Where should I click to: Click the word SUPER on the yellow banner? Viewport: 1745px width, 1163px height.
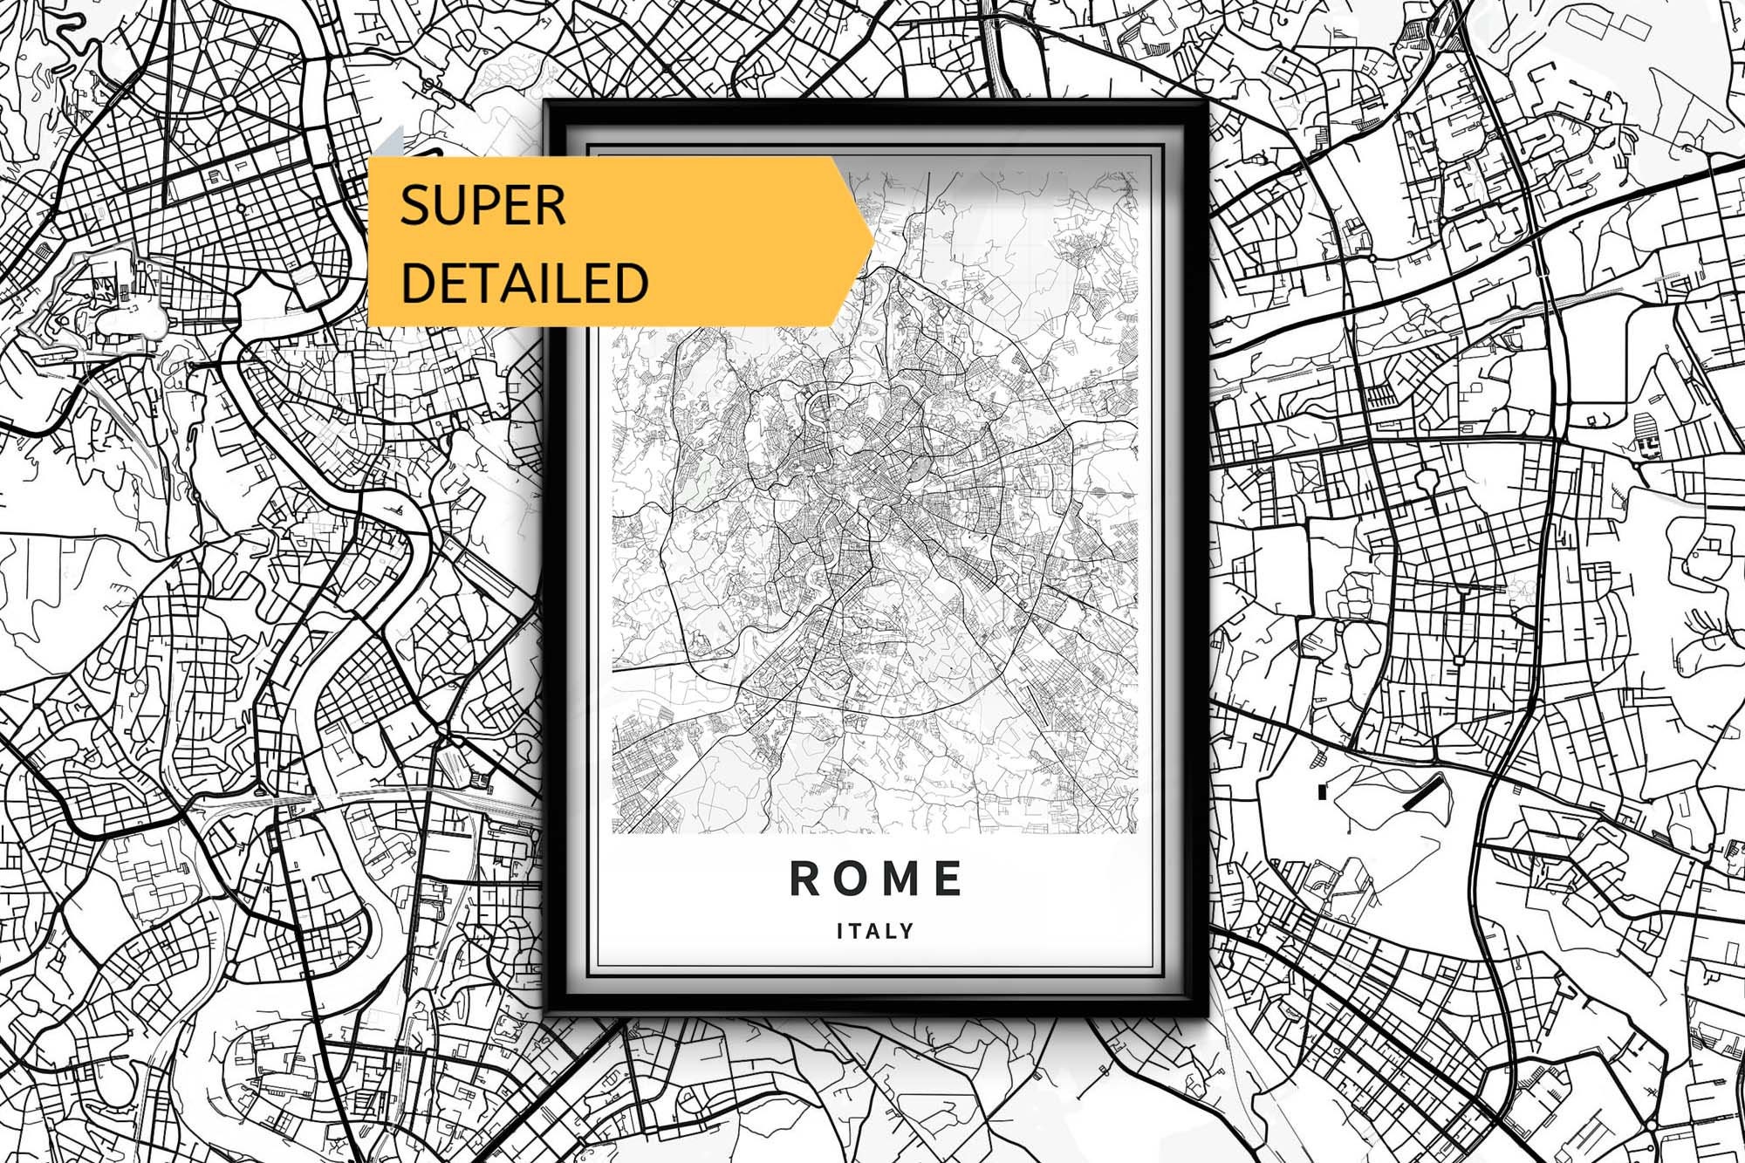coord(482,206)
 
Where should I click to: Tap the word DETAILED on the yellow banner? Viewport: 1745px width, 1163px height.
coord(524,282)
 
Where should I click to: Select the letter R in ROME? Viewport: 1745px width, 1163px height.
coord(806,879)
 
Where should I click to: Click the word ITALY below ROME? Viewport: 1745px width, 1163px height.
coord(875,931)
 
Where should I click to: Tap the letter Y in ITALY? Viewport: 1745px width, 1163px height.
coord(907,931)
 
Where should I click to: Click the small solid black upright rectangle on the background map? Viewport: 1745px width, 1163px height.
coord(1323,791)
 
